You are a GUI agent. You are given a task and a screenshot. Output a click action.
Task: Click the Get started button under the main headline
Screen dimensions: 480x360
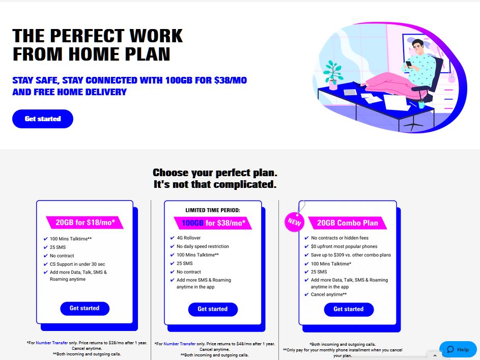(43, 119)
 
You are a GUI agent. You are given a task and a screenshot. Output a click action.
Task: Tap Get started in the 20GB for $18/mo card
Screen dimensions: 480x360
(84, 308)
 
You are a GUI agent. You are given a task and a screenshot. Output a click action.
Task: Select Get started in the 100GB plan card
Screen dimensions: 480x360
(213, 309)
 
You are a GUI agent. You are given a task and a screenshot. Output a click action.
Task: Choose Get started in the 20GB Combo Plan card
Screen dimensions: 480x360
(349, 309)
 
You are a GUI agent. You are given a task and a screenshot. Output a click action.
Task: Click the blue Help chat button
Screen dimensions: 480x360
(458, 349)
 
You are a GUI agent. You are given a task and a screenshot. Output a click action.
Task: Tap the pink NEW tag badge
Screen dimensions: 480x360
(295, 221)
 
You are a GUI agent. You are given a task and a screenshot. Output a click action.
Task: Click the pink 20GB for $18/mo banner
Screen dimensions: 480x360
(85, 223)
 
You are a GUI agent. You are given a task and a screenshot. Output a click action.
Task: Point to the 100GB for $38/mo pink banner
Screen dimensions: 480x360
(213, 223)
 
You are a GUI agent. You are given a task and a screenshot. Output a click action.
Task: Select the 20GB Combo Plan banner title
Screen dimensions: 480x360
(348, 223)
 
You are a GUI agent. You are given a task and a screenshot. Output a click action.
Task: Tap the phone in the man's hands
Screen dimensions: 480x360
(409, 64)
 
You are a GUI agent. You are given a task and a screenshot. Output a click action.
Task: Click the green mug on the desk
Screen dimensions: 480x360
(421, 105)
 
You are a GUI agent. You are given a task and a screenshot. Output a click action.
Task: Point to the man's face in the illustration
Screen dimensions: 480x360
(417, 48)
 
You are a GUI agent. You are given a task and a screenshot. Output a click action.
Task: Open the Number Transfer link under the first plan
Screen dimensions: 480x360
(52, 343)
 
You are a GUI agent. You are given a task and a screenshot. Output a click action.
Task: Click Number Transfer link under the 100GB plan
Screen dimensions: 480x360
(179, 344)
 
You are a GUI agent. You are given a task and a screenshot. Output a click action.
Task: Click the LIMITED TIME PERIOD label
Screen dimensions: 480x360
(213, 210)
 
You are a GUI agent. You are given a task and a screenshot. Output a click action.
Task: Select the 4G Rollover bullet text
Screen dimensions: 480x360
(188, 238)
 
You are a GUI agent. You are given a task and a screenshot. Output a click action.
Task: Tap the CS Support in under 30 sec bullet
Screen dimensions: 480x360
(77, 264)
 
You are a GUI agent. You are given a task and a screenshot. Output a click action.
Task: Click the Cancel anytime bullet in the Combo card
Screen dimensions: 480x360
(329, 294)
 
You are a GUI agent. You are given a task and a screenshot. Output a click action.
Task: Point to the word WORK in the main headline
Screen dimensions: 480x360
(156, 36)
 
